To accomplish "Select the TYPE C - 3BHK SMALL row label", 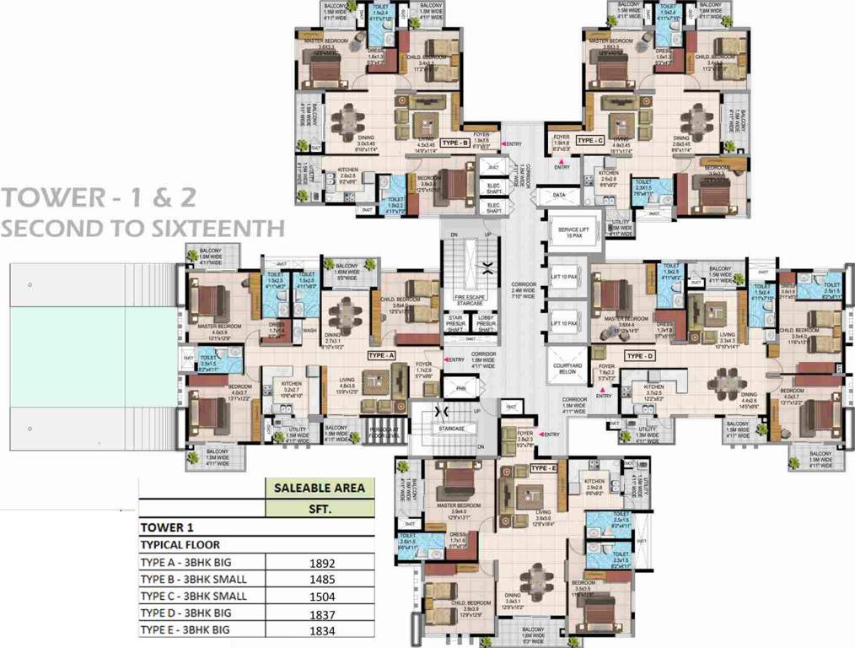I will pyautogui.click(x=194, y=596).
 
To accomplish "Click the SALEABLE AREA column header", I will pyautogui.click(x=320, y=487).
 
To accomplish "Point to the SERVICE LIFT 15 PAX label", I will pyautogui.click(x=573, y=233).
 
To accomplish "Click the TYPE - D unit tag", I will pyautogui.click(x=642, y=357).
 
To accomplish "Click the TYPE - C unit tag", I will pyautogui.click(x=589, y=141).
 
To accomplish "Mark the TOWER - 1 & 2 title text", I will pyautogui.click(x=99, y=198).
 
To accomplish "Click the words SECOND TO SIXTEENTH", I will pyautogui.click(x=142, y=228).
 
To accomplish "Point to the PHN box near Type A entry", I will pyautogui.click(x=461, y=390).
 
